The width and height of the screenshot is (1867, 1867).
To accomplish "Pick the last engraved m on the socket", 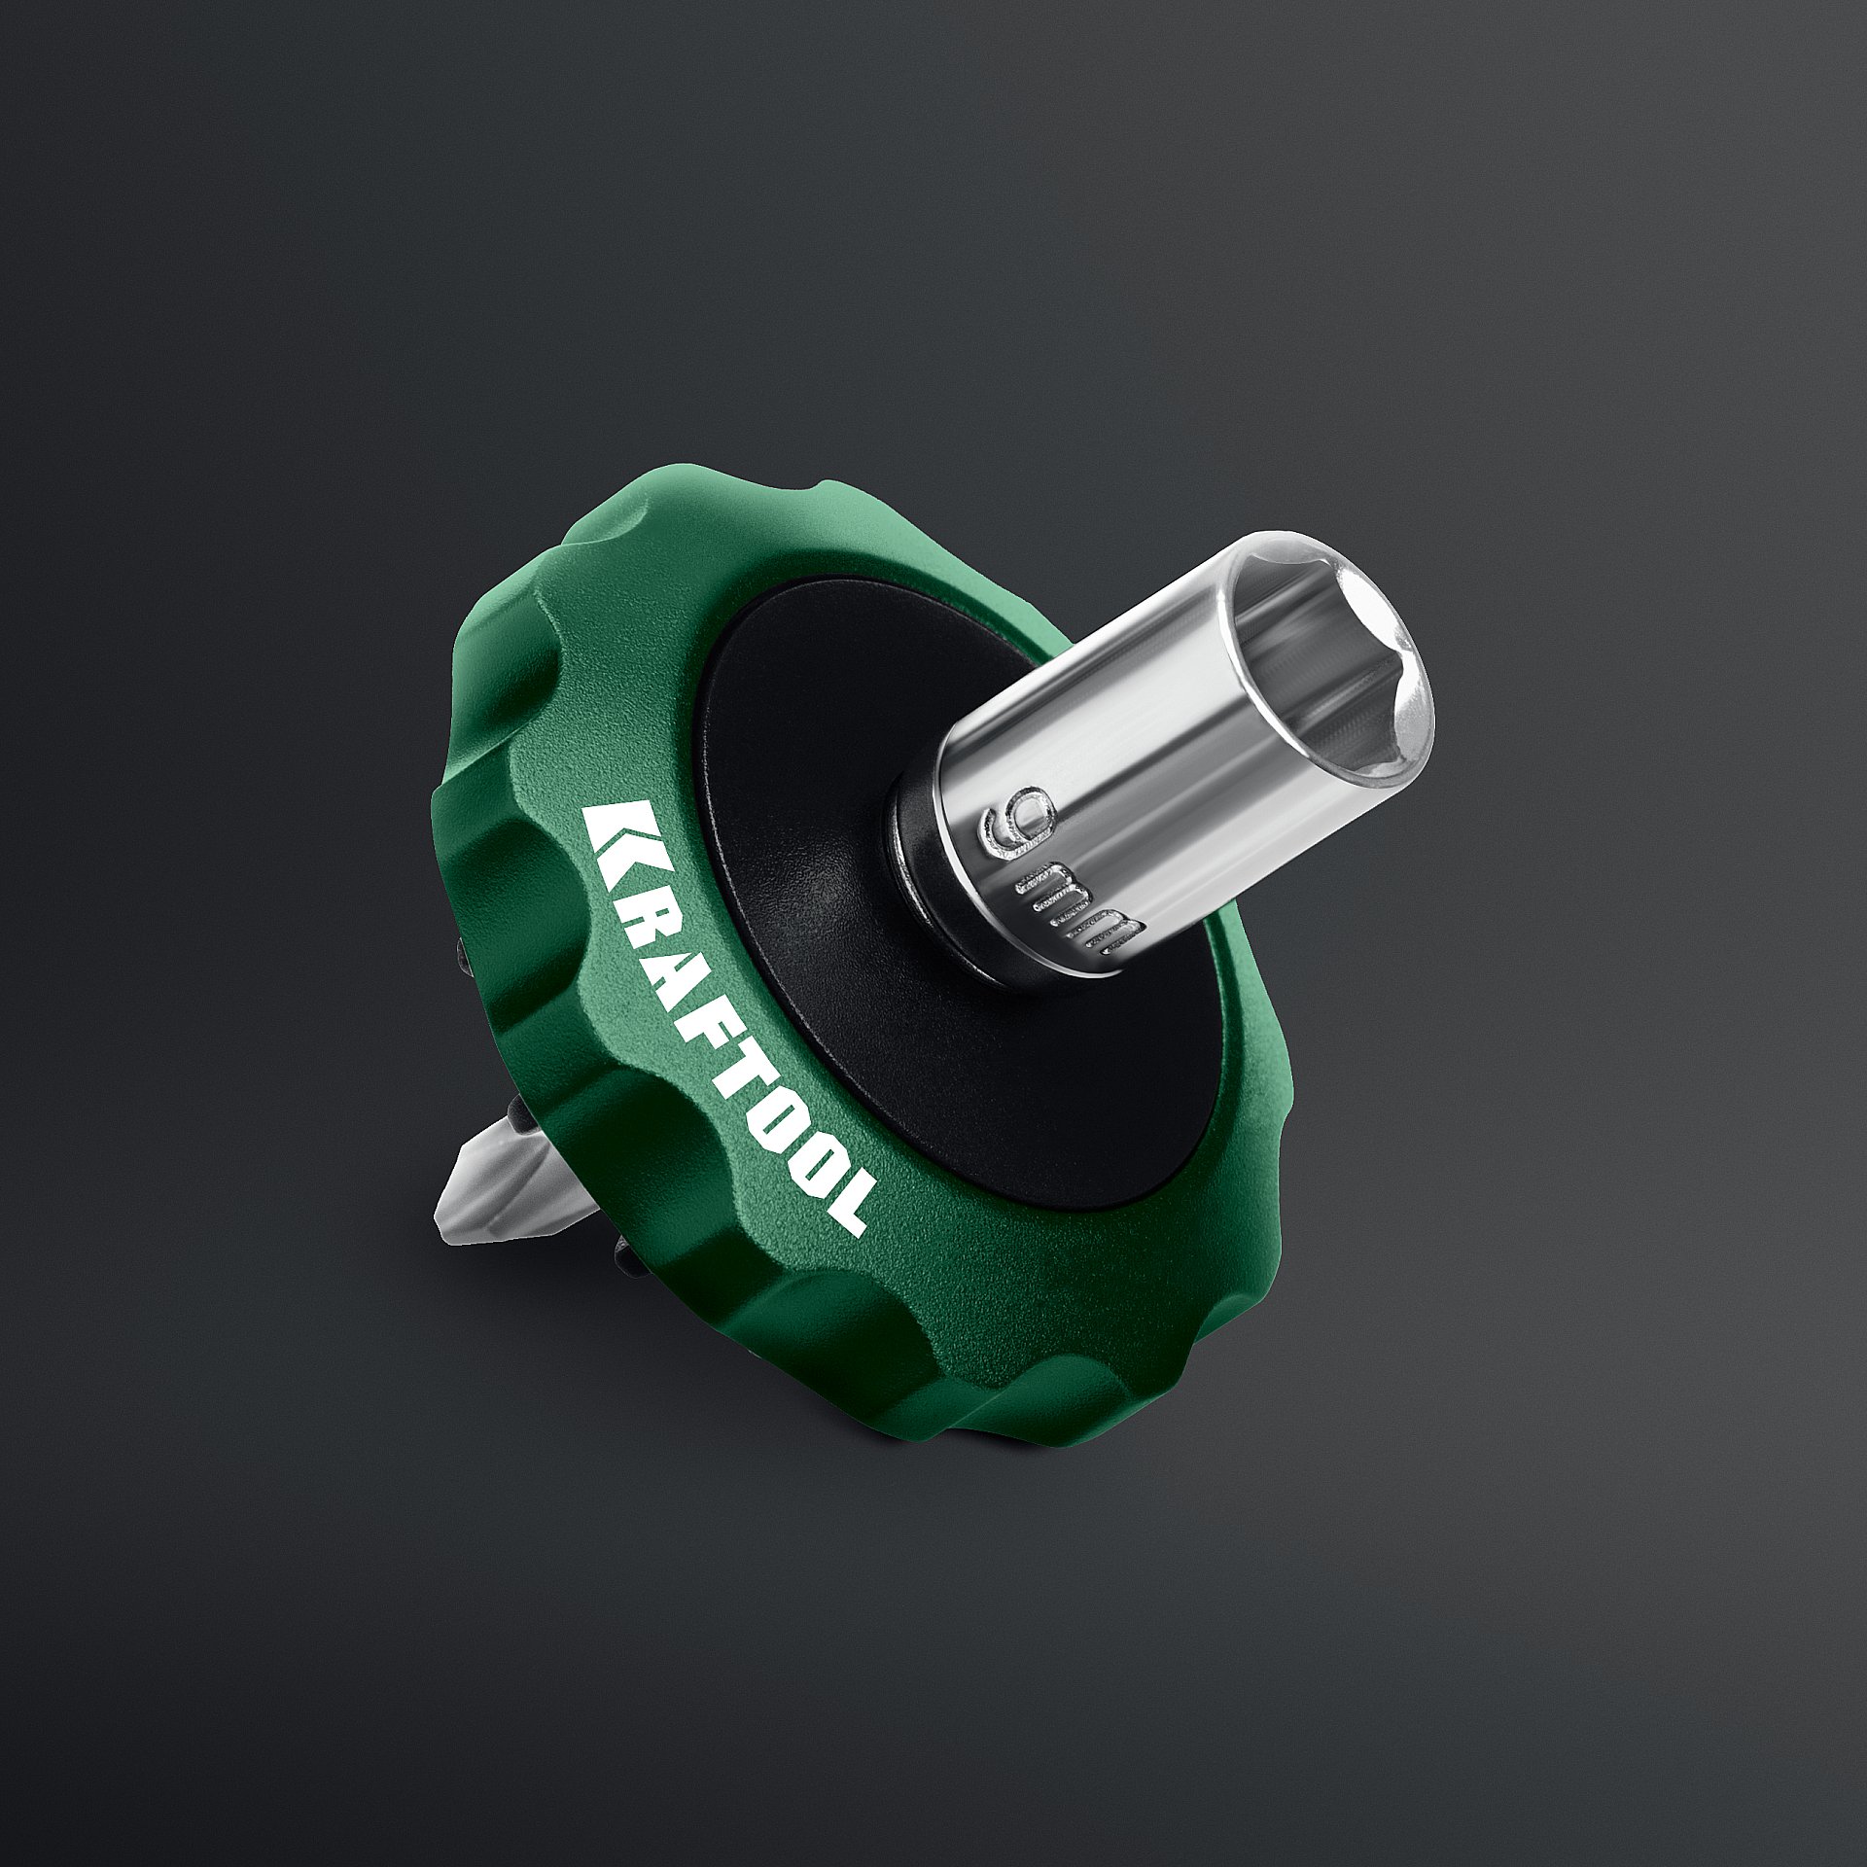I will [x=1104, y=933].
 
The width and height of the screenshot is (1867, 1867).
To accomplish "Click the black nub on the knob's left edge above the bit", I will [x=465, y=958].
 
